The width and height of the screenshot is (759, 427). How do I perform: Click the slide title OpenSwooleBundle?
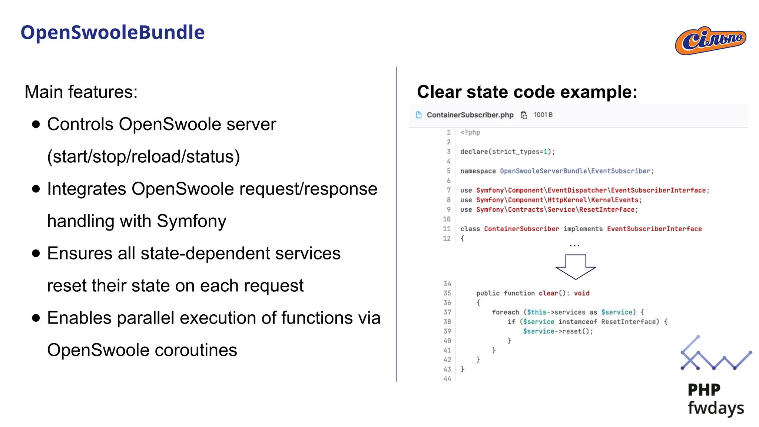click(x=112, y=33)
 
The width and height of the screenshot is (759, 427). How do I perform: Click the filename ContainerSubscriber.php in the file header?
click(x=470, y=115)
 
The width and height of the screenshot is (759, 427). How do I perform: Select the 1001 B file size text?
click(x=543, y=115)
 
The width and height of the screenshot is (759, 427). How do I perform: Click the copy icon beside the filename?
click(x=524, y=115)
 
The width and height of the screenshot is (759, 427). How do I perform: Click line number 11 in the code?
click(x=447, y=229)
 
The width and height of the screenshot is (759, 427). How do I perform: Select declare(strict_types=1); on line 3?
click(x=507, y=152)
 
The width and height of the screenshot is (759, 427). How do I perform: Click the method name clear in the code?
click(x=548, y=293)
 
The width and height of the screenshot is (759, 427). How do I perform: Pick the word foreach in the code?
click(x=506, y=312)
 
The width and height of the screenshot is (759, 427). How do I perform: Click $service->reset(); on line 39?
click(x=558, y=331)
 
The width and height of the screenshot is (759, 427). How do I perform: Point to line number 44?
click(x=447, y=379)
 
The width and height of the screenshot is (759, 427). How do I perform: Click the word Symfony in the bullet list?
click(x=191, y=221)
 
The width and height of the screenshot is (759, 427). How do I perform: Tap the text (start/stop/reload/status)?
click(x=143, y=156)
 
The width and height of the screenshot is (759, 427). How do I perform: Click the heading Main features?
click(x=81, y=92)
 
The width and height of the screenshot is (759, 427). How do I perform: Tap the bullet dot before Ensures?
click(x=36, y=254)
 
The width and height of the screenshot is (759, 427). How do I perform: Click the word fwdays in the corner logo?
click(x=716, y=408)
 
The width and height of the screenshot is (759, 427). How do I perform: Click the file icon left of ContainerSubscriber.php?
click(x=419, y=115)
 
